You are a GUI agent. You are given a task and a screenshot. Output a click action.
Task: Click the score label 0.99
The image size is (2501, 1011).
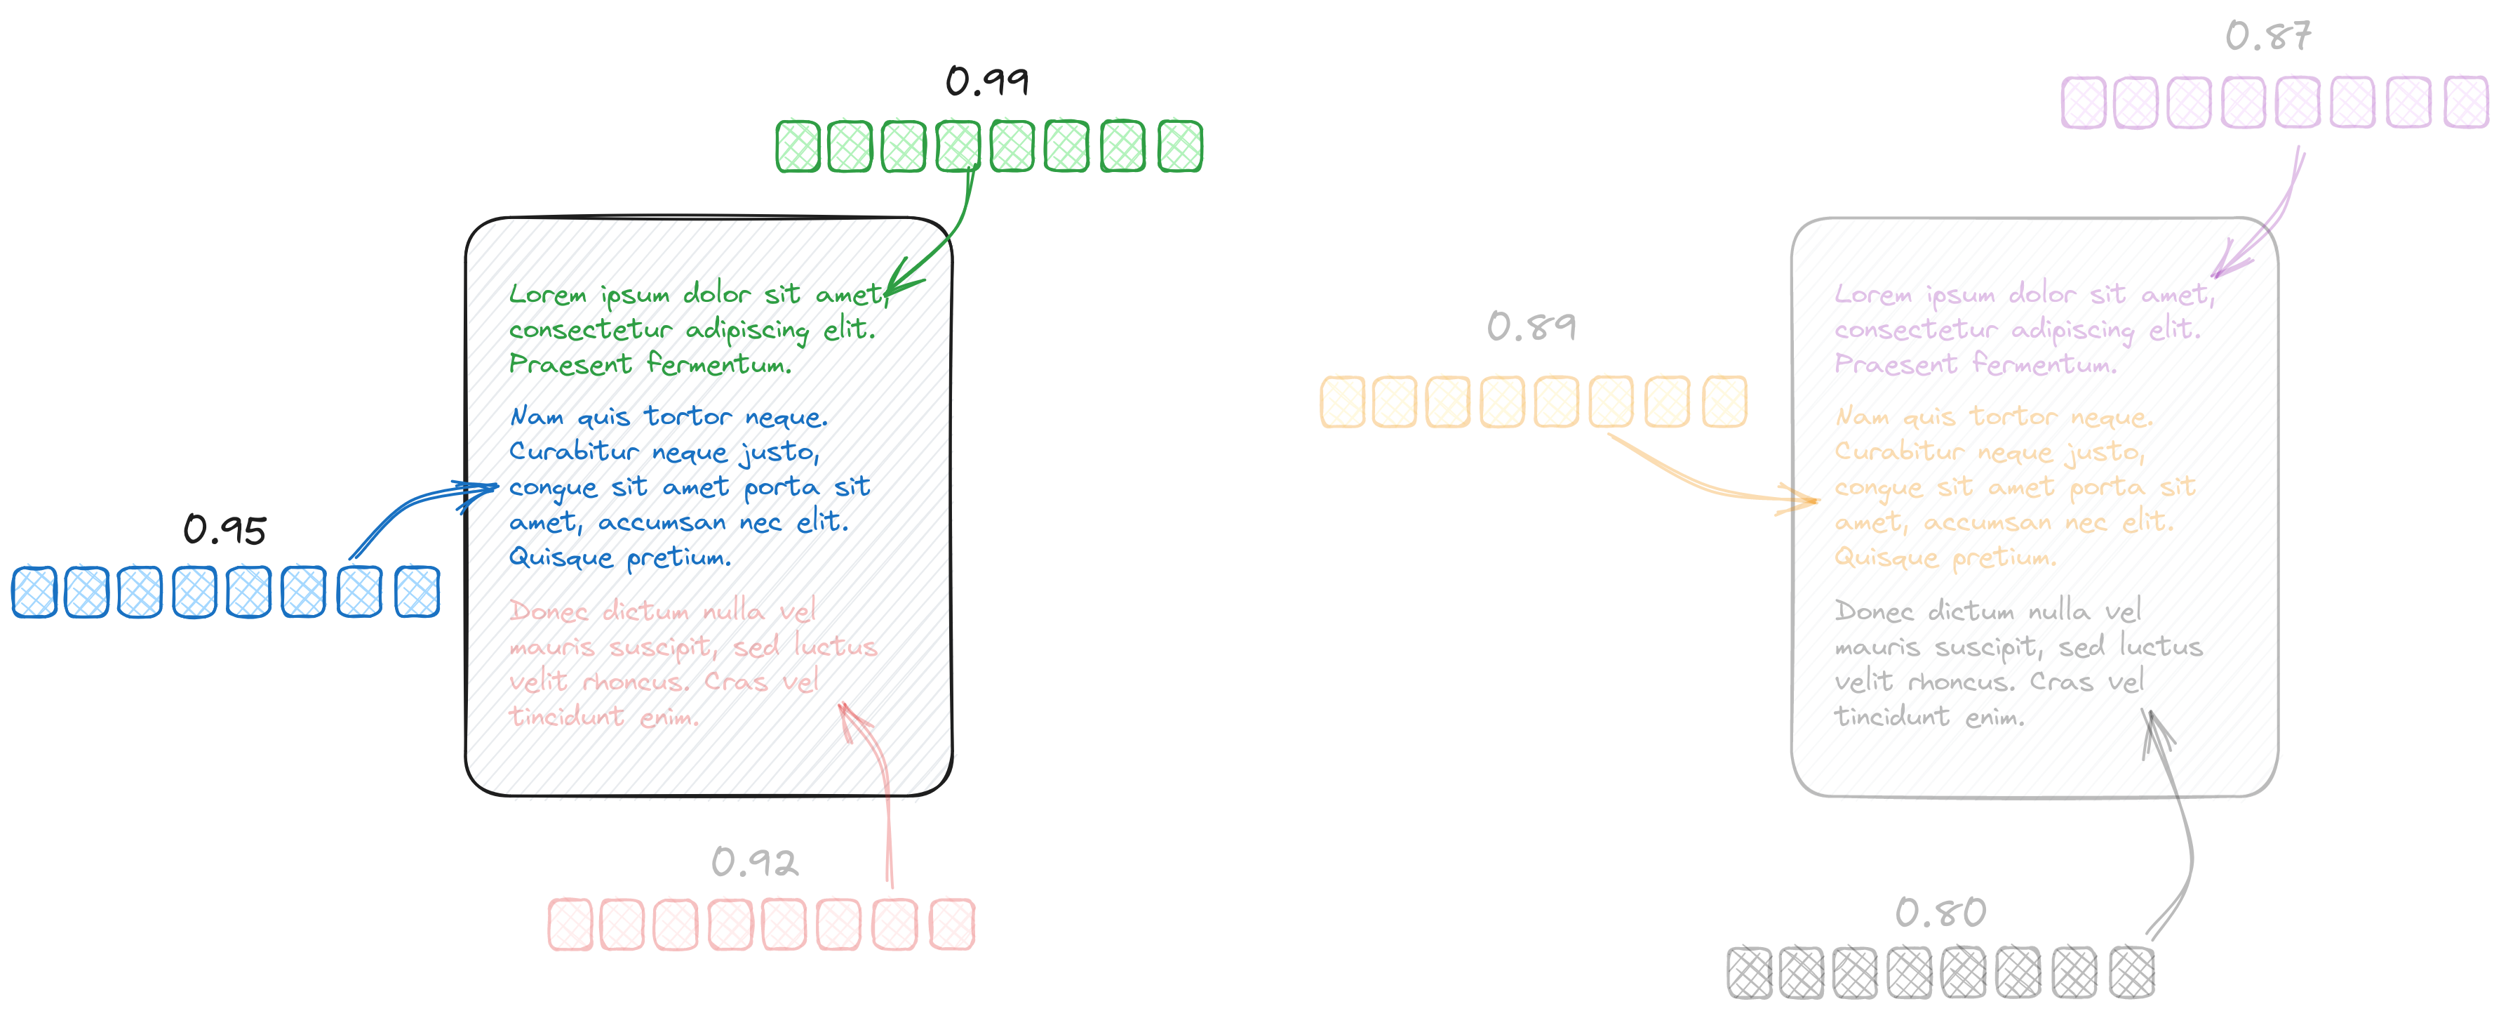coord(987,81)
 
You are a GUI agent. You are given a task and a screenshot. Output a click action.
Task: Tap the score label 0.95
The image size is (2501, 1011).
coord(224,530)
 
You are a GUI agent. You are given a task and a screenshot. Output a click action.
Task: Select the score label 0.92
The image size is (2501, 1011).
coord(754,862)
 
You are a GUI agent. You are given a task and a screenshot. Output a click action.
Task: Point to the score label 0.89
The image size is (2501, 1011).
coord(1531,326)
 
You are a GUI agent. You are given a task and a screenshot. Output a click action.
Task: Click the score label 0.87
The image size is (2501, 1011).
coord(2268,37)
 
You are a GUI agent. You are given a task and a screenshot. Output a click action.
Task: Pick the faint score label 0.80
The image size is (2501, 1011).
coord(1940,913)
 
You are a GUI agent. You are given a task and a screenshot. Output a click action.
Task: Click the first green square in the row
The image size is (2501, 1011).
coord(798,147)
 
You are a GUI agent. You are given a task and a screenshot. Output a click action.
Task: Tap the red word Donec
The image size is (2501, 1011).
coord(549,612)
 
